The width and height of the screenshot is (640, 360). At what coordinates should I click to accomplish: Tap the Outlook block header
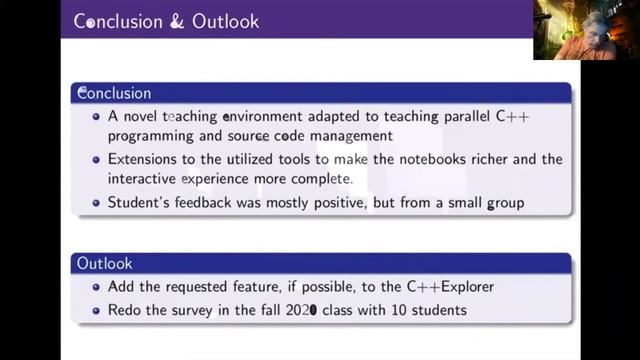tap(104, 264)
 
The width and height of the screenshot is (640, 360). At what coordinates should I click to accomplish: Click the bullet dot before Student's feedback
tap(96, 201)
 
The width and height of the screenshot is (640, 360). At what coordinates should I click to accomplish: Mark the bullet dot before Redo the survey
tap(96, 310)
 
